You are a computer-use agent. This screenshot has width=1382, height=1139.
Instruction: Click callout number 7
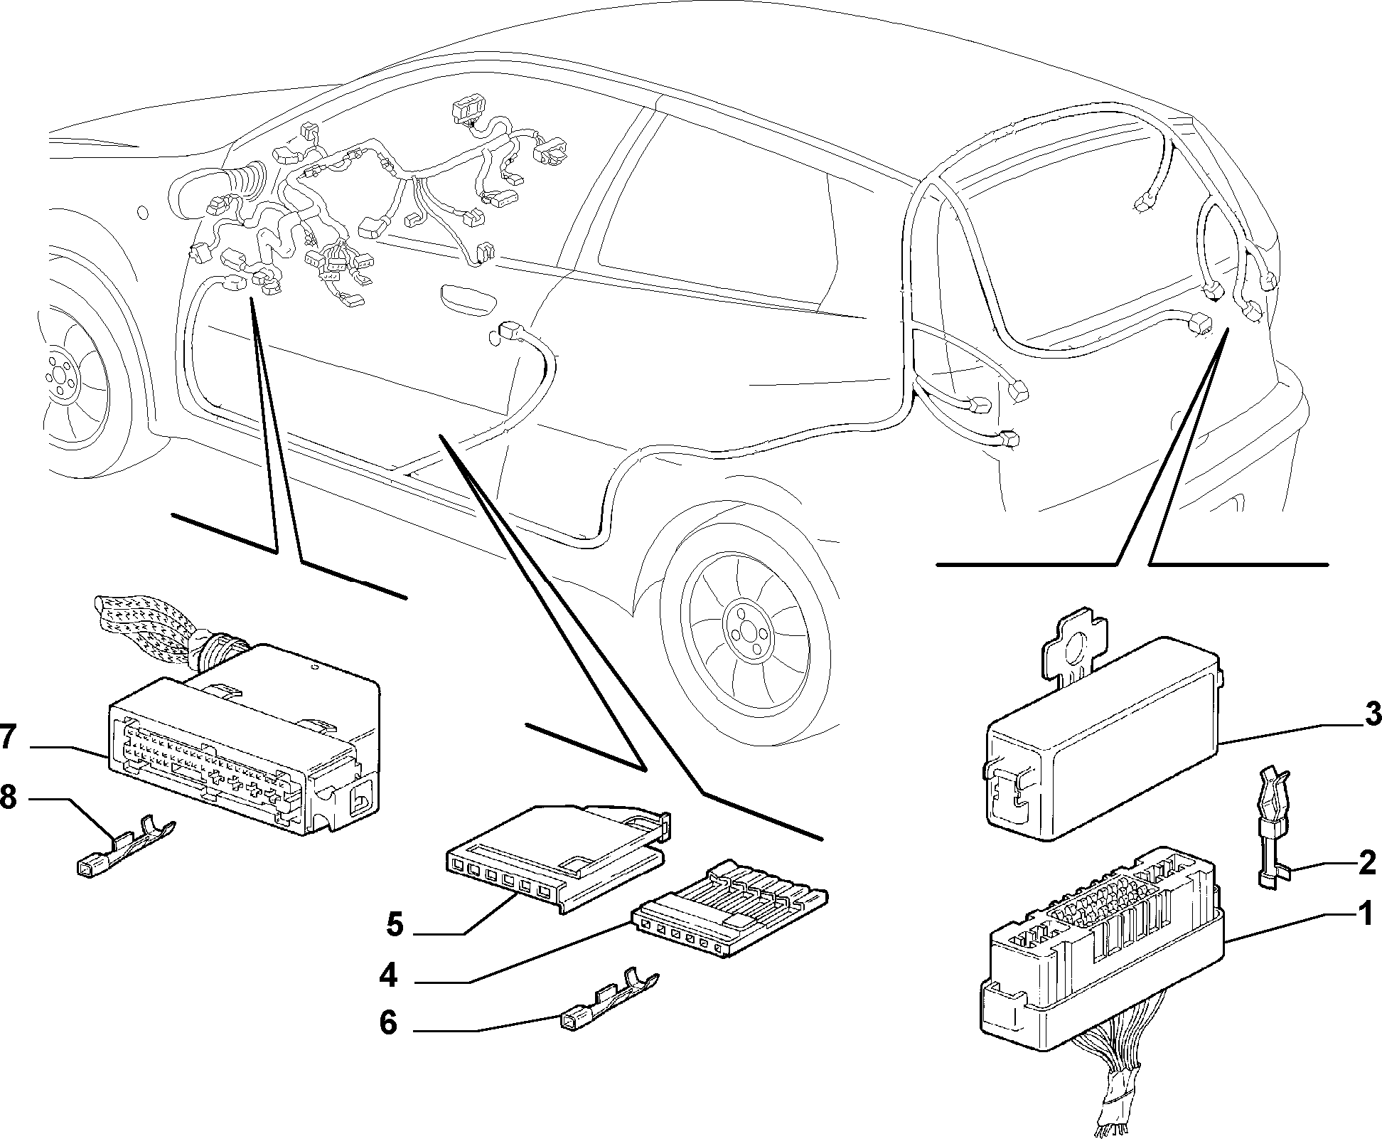coord(8,737)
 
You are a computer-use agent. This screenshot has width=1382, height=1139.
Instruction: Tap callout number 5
coord(395,925)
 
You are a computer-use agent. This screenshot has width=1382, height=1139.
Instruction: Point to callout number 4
coord(388,975)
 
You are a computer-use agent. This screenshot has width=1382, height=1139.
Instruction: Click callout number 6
coord(388,1023)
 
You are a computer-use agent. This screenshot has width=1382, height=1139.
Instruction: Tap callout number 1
coord(1365,915)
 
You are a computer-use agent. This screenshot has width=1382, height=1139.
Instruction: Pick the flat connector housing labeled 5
coord(558,858)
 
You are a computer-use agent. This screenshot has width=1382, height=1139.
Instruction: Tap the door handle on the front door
coord(467,295)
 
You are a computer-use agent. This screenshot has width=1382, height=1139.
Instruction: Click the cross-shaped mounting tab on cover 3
coord(1073,642)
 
